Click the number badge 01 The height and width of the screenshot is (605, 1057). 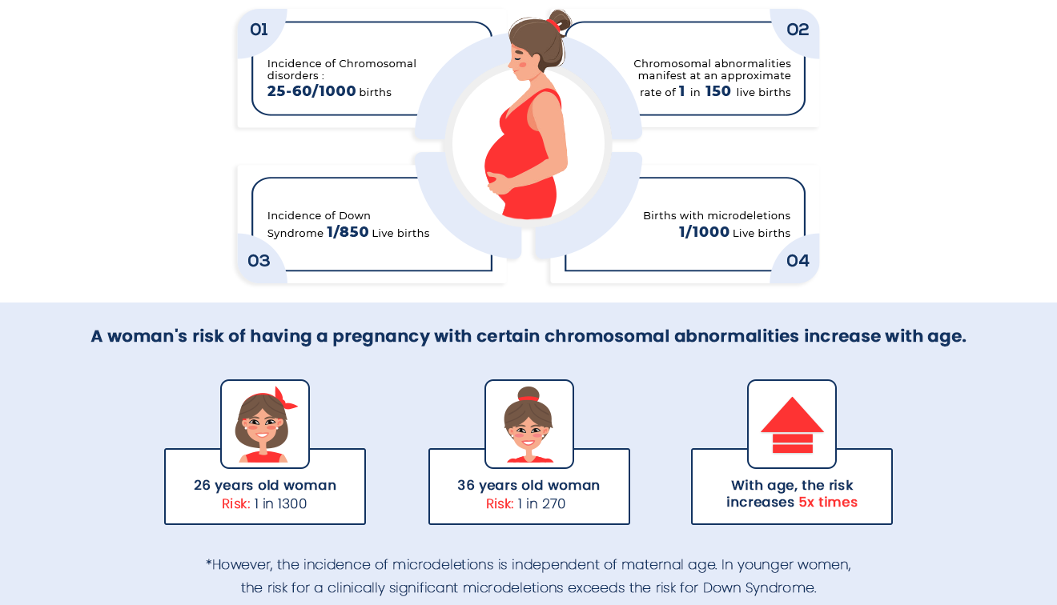point(259,30)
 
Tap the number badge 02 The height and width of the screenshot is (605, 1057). point(798,30)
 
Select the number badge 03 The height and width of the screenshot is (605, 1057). point(259,261)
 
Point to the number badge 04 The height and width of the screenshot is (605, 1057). point(798,261)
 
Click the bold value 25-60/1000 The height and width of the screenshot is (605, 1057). point(311,91)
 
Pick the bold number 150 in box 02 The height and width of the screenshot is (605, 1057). point(718,91)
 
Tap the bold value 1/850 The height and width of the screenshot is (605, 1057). point(348,232)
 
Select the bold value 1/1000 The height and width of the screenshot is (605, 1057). point(704,232)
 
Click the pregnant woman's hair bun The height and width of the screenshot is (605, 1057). point(560,20)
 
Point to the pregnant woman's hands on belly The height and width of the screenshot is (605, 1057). point(499,183)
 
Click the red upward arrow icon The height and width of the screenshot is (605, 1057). point(792,425)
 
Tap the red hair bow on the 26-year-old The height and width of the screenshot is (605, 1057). point(284,399)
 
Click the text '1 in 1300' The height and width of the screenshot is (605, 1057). point(280,504)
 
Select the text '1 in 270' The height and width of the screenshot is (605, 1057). point(541,504)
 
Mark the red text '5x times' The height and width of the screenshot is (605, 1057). point(828,503)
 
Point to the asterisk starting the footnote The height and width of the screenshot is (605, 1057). point(208,563)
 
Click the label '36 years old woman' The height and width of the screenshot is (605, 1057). point(528,485)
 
